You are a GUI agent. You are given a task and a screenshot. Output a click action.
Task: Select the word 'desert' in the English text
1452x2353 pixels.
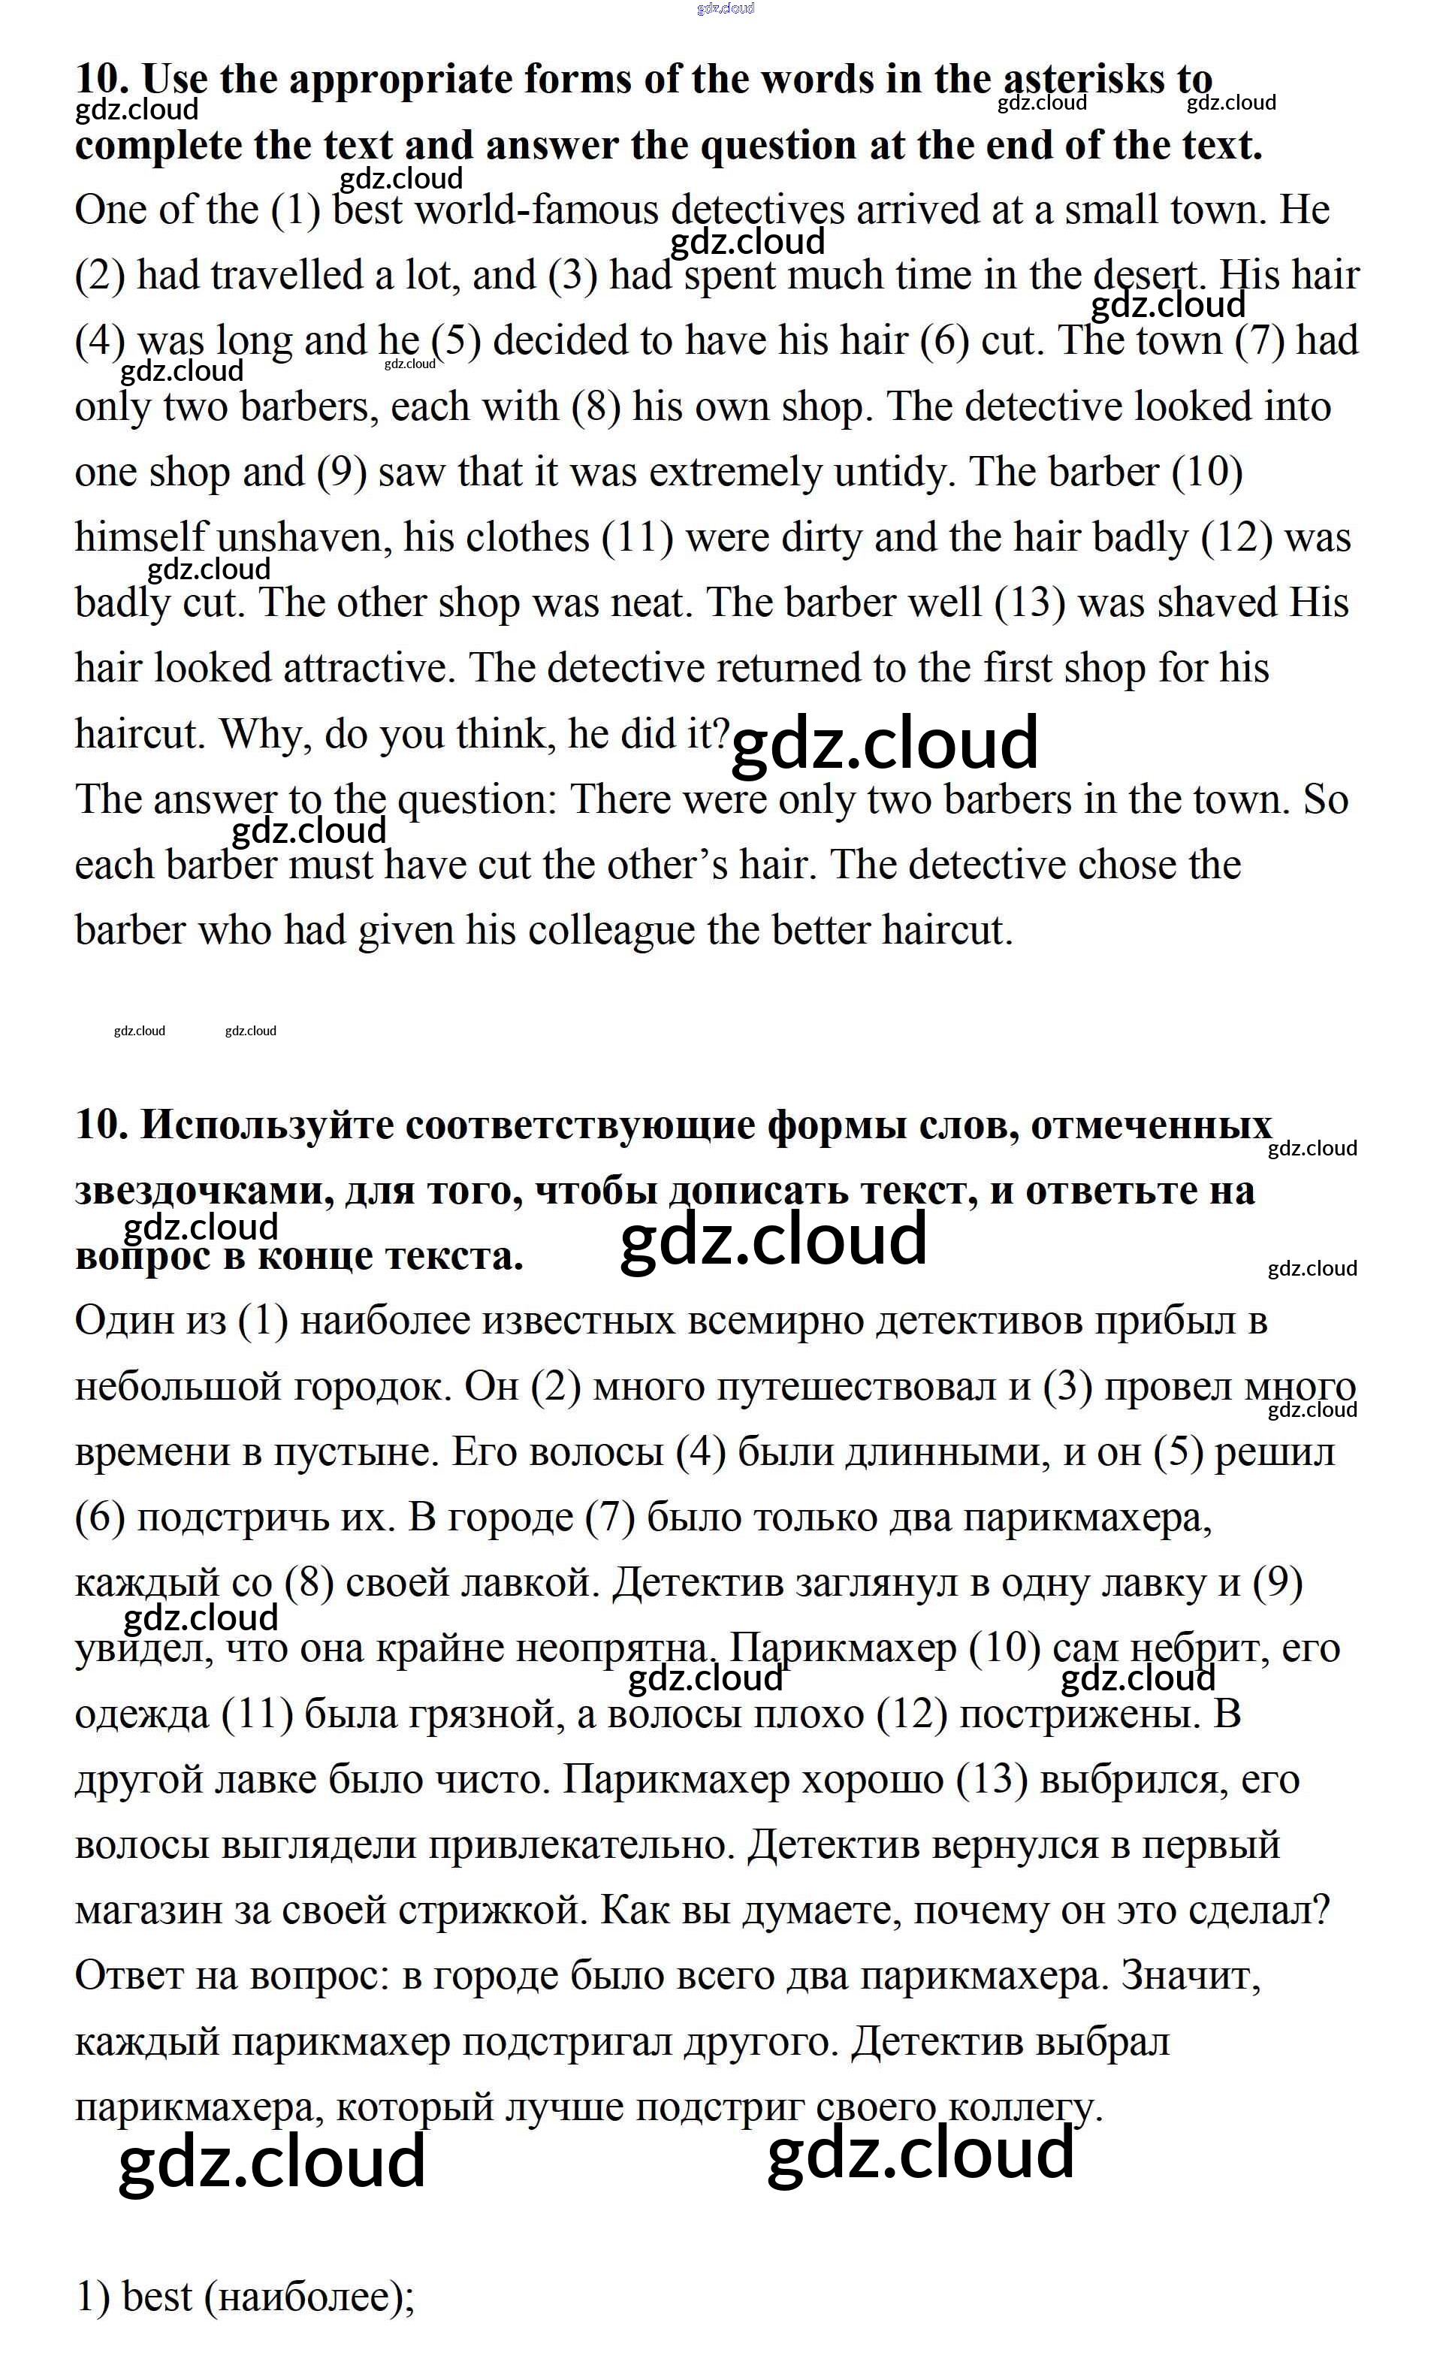click(1149, 276)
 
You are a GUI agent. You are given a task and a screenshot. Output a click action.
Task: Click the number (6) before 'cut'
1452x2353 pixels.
click(944, 341)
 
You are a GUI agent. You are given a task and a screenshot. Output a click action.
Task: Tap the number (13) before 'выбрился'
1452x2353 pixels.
click(992, 1780)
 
